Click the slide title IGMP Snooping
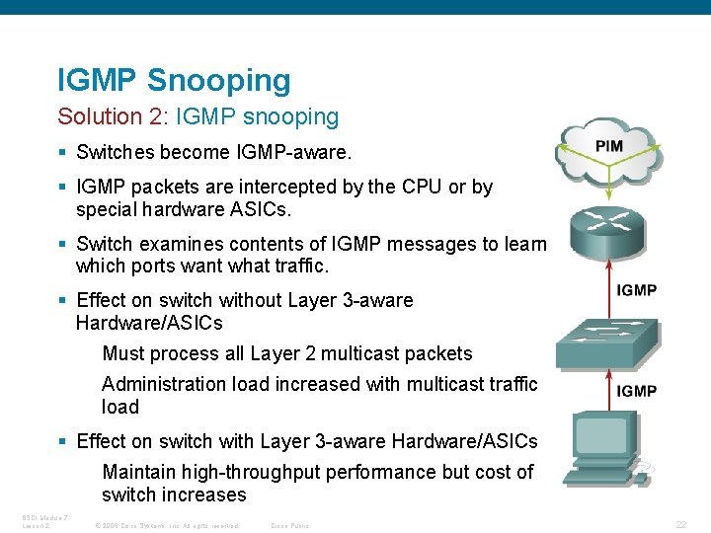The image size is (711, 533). pos(174,80)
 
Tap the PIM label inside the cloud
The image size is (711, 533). pos(608,146)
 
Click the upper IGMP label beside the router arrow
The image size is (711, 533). pos(636,290)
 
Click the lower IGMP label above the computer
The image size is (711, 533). pos(636,391)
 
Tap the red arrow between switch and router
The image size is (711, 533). pos(606,287)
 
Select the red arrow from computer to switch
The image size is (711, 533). pos(606,391)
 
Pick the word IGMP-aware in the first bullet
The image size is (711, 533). pos(293,153)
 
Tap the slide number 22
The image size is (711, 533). pos(680,524)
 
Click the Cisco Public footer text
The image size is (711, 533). pos(289,525)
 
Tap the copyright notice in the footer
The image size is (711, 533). pos(167,525)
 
